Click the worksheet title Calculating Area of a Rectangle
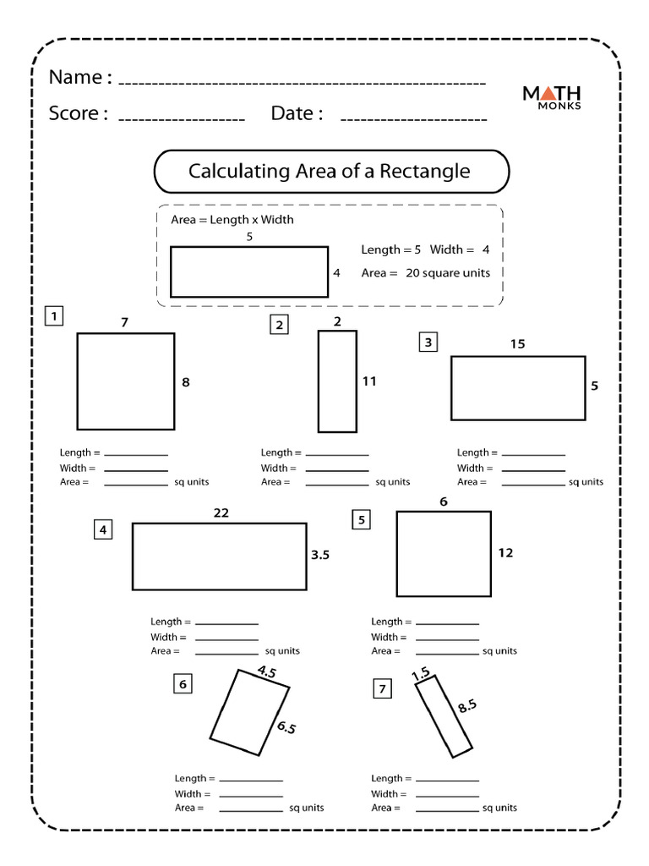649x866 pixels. pyautogui.click(x=329, y=172)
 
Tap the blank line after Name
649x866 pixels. pyautogui.click(x=302, y=83)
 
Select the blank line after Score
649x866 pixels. pyautogui.click(x=181, y=118)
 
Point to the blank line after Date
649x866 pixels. pyautogui.click(x=413, y=118)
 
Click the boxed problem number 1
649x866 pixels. pyautogui.click(x=54, y=317)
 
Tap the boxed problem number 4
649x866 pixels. pyautogui.click(x=103, y=530)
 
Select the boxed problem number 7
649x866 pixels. pyautogui.click(x=383, y=690)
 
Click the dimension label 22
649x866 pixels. pyautogui.click(x=221, y=512)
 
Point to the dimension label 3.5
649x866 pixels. pyautogui.click(x=320, y=556)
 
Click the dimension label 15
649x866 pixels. pyautogui.click(x=517, y=343)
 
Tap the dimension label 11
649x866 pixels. pyautogui.click(x=368, y=381)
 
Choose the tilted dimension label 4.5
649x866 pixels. pyautogui.click(x=267, y=673)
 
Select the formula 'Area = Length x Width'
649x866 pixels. pyautogui.click(x=232, y=220)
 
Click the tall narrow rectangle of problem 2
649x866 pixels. pyautogui.click(x=337, y=381)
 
